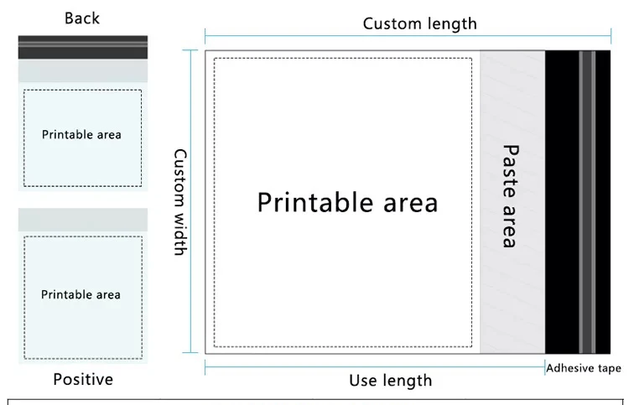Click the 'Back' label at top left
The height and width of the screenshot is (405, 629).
pyautogui.click(x=81, y=18)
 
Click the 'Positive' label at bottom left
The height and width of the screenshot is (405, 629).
pyautogui.click(x=83, y=380)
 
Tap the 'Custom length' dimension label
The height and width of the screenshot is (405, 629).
pyautogui.click(x=419, y=23)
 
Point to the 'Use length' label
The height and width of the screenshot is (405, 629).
pyautogui.click(x=390, y=381)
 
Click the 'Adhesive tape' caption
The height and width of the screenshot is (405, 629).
pyautogui.click(x=584, y=367)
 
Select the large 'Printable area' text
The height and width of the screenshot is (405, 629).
pyautogui.click(x=346, y=202)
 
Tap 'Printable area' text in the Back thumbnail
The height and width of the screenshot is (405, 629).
pyautogui.click(x=81, y=134)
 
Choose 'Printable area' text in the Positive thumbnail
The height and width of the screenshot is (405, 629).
pyautogui.click(x=81, y=294)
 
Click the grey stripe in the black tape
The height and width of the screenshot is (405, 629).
pyautogui.click(x=587, y=201)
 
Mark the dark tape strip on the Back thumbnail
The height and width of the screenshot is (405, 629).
pyautogui.click(x=82, y=47)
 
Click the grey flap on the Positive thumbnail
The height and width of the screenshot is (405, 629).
pyautogui.click(x=82, y=220)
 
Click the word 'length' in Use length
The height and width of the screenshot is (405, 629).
pyautogui.click(x=408, y=381)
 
